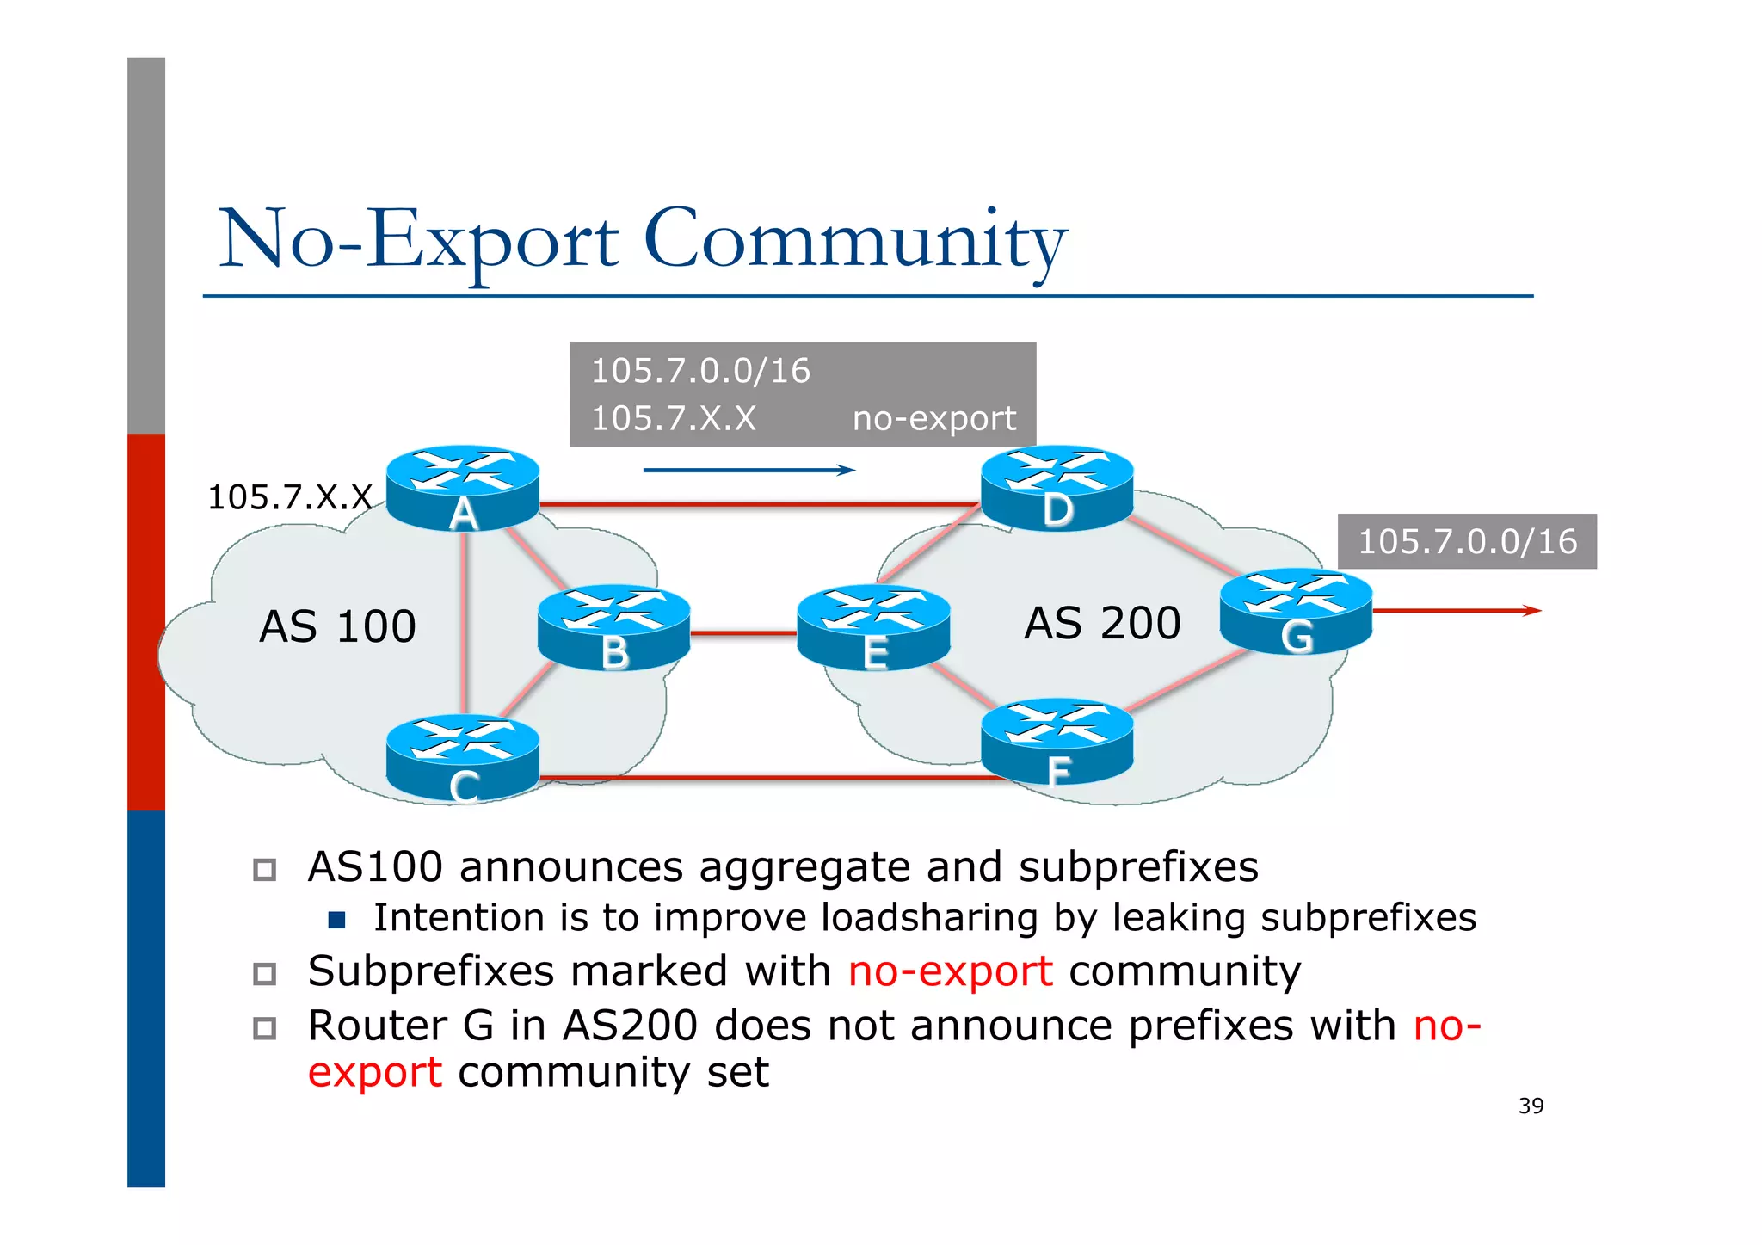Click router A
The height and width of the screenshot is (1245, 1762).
[463, 487]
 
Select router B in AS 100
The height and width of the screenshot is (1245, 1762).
[613, 627]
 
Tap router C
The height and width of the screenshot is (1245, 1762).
[463, 757]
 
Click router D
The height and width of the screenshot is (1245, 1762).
[1057, 487]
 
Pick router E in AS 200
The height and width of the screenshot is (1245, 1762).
[873, 627]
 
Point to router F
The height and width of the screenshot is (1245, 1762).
[1057, 740]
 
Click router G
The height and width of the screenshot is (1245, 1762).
[1296, 611]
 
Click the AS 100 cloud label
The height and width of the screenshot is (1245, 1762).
[337, 626]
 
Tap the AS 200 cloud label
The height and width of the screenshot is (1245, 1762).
[1102, 623]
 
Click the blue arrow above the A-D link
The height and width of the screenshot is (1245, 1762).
[749, 470]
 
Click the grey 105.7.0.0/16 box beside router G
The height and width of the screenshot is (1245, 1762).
[1467, 541]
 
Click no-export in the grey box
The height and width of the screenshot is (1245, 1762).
[933, 419]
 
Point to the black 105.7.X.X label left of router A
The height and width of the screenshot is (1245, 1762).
[290, 497]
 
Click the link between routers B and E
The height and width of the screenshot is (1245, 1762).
[743, 634]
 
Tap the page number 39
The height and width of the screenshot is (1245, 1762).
[1531, 1106]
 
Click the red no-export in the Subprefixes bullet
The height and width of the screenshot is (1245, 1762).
[950, 972]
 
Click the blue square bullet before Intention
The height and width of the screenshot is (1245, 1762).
[337, 921]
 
